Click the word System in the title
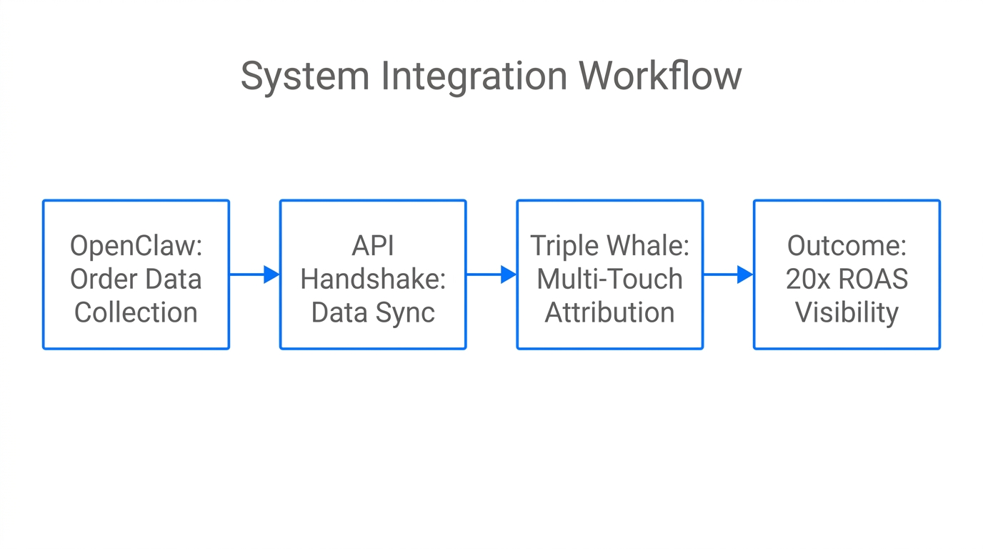(x=304, y=76)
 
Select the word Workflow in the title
(x=660, y=76)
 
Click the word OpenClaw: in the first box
(x=136, y=246)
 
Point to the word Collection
(x=136, y=313)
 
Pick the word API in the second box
(x=373, y=246)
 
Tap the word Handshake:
(x=373, y=280)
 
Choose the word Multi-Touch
(x=610, y=280)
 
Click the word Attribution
(x=610, y=313)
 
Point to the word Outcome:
(x=847, y=246)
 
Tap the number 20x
(x=806, y=280)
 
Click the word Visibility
(x=847, y=313)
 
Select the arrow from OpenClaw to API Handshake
(x=254, y=274)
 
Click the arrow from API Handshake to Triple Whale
(x=491, y=274)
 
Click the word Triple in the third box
(x=564, y=246)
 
